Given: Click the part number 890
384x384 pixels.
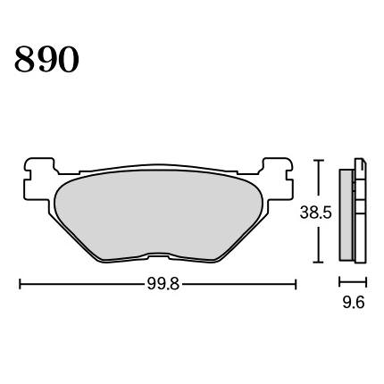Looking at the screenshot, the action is (46, 59).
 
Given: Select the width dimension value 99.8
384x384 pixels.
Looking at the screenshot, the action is (163, 284).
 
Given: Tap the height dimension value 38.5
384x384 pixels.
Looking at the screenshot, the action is (315, 213).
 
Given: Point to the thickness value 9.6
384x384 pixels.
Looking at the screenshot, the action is (354, 303).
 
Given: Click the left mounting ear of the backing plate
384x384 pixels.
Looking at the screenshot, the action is (38, 179).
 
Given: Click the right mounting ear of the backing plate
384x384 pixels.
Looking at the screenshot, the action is (278, 179).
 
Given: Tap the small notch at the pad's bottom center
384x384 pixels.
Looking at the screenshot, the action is (159, 255).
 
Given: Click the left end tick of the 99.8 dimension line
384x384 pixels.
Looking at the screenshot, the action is (20, 284).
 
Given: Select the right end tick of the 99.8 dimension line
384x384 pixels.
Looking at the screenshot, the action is (296, 284).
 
